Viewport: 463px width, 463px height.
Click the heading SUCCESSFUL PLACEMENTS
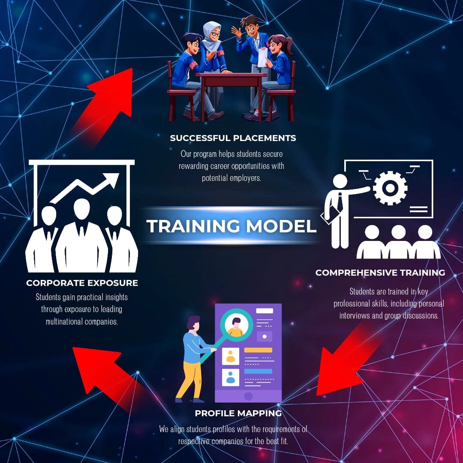pos(233,138)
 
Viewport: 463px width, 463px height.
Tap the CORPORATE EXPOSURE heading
pos(82,283)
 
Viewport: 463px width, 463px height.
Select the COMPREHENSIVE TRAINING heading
pos(380,273)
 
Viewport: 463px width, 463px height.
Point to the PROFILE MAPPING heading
pos(238,413)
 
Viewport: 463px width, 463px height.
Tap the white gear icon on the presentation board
pos(390,188)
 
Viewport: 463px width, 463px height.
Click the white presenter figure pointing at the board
pos(339,210)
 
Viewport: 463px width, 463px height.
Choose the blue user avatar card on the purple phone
pos(231,377)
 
